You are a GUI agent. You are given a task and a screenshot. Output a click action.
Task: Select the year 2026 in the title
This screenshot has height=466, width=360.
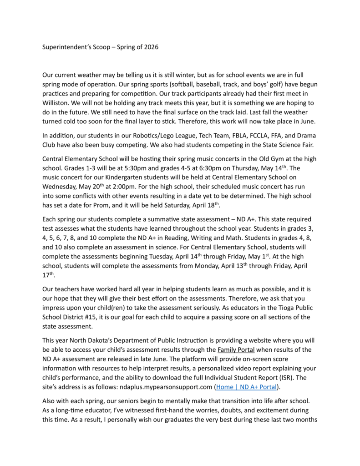tap(150, 47)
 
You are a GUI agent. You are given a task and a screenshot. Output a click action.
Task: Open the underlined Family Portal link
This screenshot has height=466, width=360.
tap(236, 349)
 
